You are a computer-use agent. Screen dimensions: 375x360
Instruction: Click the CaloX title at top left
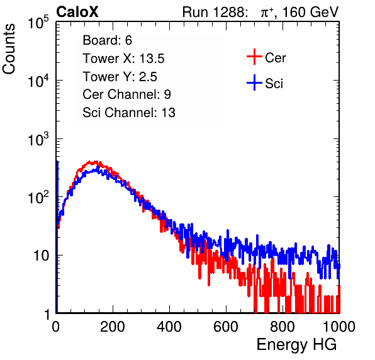tap(77, 12)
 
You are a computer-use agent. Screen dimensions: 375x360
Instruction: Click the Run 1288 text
tap(214, 12)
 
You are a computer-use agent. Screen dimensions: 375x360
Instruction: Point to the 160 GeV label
tap(310, 12)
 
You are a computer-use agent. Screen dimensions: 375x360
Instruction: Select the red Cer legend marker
tap(254, 57)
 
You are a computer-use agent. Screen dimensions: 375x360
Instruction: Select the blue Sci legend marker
tap(254, 83)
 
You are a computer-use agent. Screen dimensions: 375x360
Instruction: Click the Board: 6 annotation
tap(108, 40)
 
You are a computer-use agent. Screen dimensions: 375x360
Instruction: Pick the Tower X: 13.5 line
tap(123, 59)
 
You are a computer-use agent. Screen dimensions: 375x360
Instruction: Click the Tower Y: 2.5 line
tap(120, 77)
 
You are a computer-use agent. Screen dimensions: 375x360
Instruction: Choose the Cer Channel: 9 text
tap(126, 94)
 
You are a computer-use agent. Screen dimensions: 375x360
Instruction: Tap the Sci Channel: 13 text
tap(129, 113)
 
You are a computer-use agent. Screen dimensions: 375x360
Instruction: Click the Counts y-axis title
tap(9, 49)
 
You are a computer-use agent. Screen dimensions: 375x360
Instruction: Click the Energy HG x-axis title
tap(296, 345)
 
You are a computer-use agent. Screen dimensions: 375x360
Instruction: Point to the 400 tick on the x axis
tap(169, 327)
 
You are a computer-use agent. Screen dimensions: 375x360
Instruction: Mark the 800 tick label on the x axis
tap(283, 327)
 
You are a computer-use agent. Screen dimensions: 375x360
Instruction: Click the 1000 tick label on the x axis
tap(339, 327)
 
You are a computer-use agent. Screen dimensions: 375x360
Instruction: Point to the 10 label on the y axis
tap(42, 256)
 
